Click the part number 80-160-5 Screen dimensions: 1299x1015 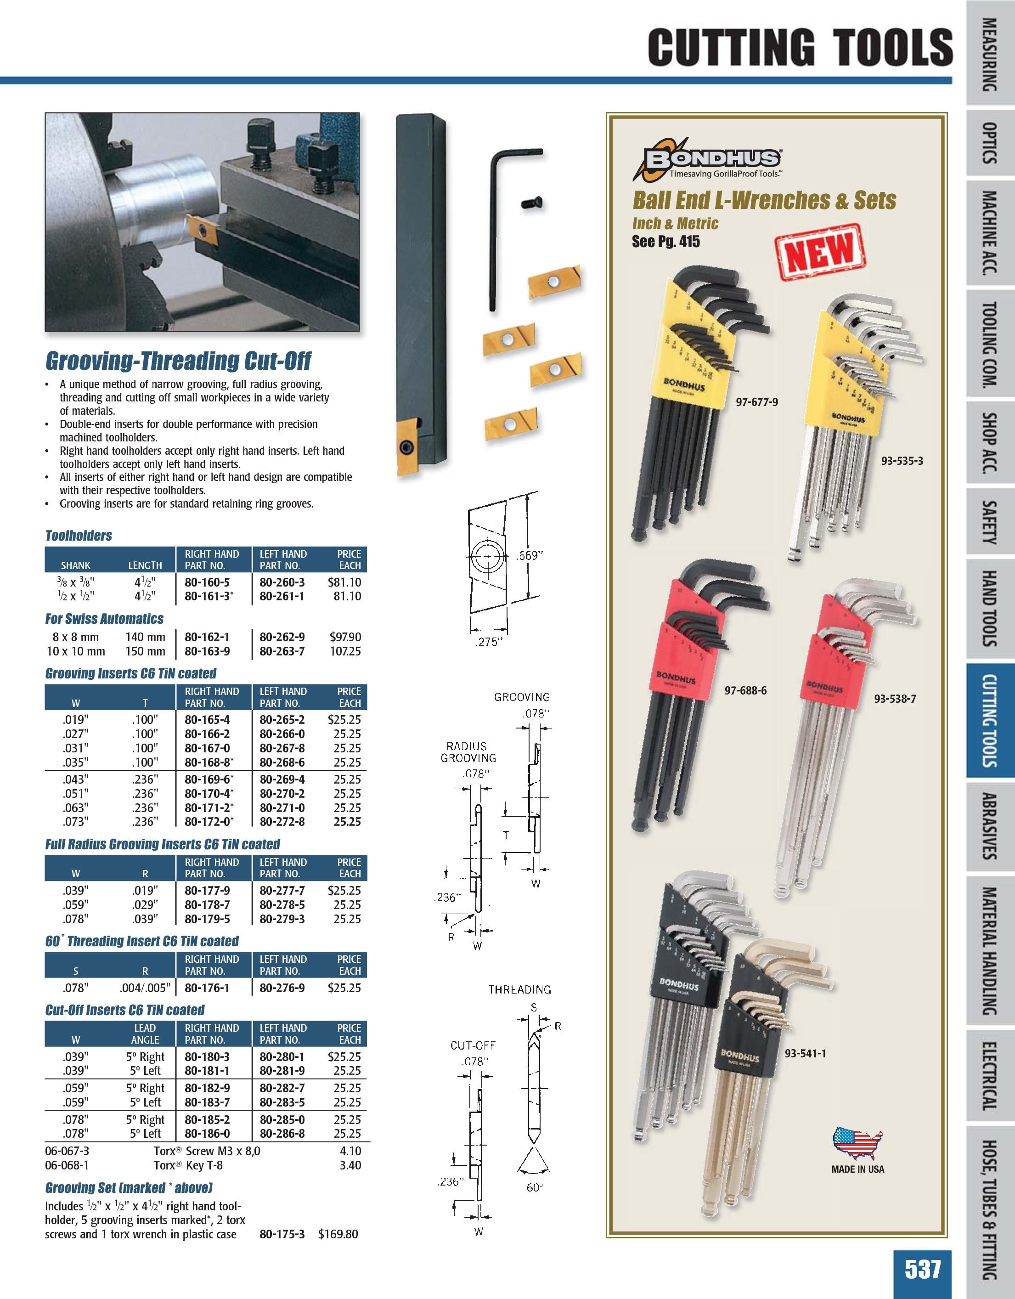coord(207,582)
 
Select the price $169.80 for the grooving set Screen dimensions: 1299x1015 coord(338,1234)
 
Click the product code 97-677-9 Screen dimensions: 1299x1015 coord(757,402)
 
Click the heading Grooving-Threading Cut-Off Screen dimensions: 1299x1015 coord(178,361)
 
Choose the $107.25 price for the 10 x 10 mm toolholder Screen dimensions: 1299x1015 coord(345,651)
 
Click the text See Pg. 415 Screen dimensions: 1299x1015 coord(666,242)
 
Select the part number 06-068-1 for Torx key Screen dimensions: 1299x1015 coord(67,1165)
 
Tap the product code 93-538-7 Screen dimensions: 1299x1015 coord(895,698)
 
